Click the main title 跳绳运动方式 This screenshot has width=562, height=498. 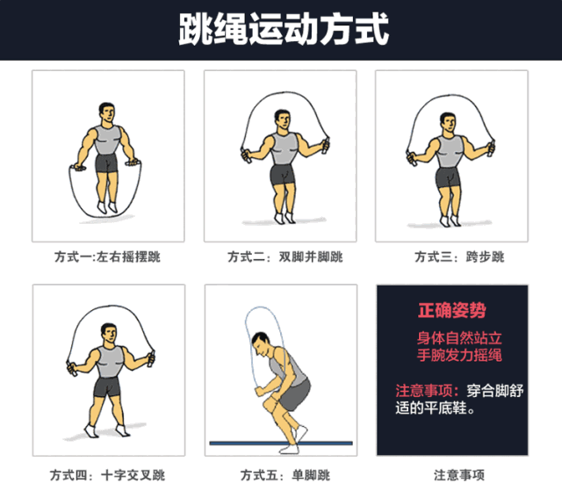(281, 28)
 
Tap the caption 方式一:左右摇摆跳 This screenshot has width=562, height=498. (107, 257)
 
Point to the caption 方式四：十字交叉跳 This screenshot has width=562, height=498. (107, 475)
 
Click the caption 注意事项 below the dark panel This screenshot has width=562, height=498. (458, 475)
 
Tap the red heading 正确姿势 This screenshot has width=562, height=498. (451, 311)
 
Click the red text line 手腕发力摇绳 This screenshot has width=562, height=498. (459, 356)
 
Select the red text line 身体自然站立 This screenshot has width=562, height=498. (459, 337)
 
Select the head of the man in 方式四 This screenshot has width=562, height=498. (109, 334)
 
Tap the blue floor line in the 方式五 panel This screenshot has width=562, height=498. (281, 444)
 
